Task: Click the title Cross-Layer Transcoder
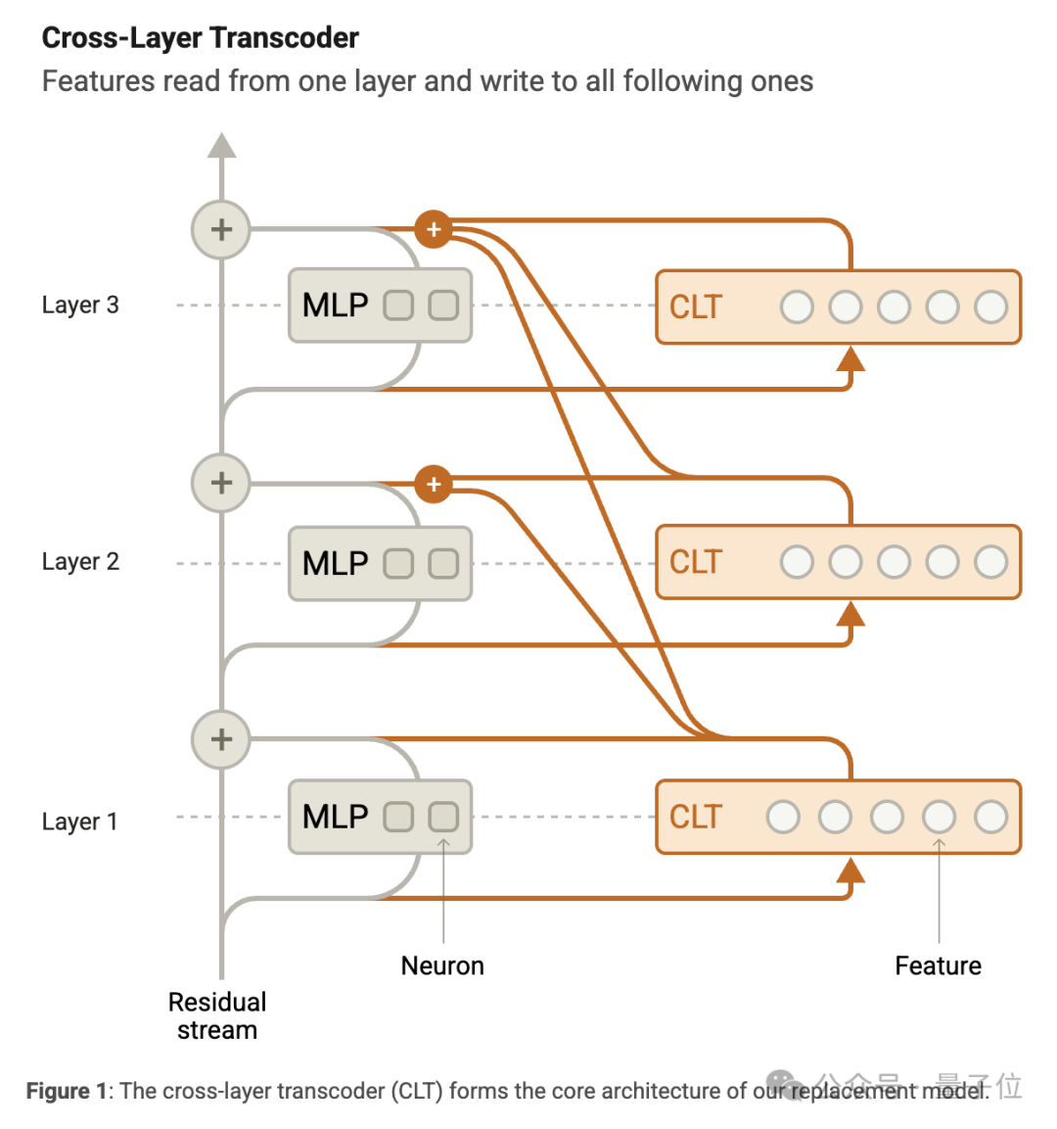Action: (200, 38)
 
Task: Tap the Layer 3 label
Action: (80, 306)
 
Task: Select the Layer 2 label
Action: (80, 562)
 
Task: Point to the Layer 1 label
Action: (80, 822)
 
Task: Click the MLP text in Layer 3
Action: (335, 306)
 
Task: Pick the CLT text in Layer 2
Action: (695, 562)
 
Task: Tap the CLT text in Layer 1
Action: (695, 817)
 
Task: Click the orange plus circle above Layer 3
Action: (434, 230)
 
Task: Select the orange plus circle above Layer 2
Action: (434, 484)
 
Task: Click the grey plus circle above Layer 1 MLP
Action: (221, 739)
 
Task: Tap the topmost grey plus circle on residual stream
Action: (221, 230)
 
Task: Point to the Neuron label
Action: (442, 965)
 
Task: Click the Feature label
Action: (938, 965)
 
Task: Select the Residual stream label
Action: (217, 1015)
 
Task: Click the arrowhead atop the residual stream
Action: (222, 146)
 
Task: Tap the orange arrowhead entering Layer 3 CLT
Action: (851, 359)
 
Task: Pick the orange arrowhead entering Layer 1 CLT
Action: (851, 870)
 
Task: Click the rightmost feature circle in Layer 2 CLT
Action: (990, 562)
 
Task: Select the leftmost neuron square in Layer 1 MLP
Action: (398, 817)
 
